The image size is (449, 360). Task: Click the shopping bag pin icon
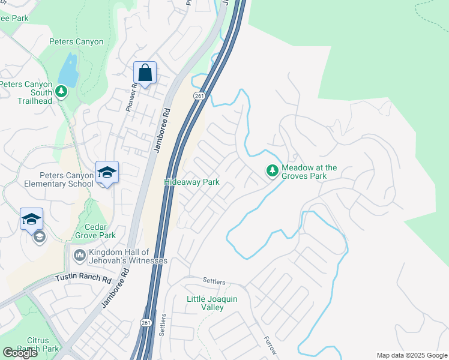coord(145,73)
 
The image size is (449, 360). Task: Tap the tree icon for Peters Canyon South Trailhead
coord(61,91)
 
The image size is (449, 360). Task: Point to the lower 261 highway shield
coord(146,323)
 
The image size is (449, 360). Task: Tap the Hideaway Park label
coord(192,182)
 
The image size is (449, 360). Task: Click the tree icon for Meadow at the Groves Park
coord(273,172)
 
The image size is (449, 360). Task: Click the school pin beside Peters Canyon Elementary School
coord(107,173)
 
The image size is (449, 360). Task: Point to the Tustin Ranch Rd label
coord(84,279)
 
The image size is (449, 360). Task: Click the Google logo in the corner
coord(20,353)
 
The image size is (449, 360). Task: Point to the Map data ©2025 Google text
coord(411,355)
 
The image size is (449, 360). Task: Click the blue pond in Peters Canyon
coord(69,70)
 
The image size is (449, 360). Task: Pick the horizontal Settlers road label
coord(214,280)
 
